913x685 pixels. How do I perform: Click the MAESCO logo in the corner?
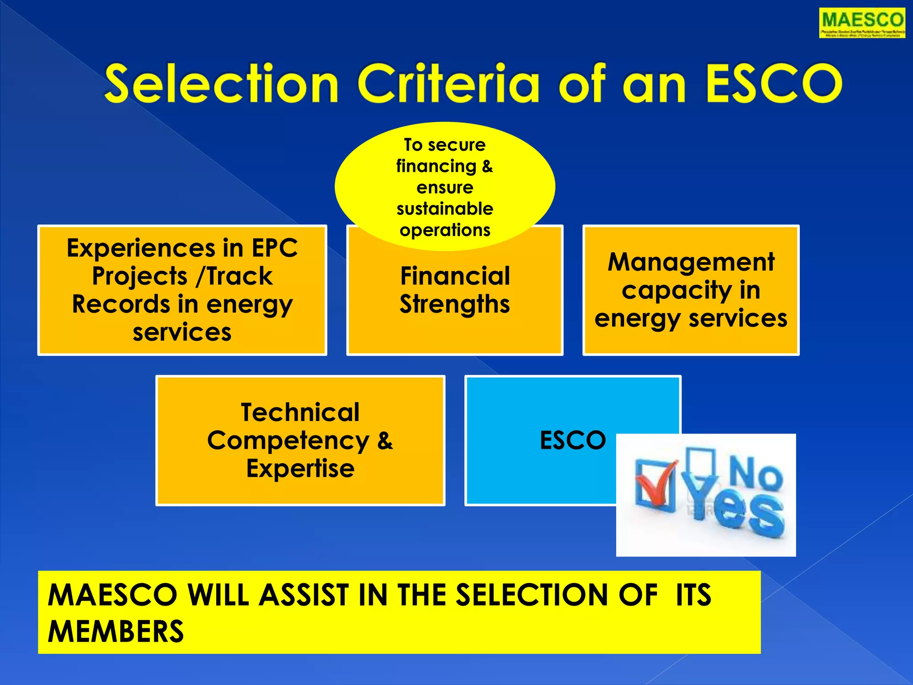(x=862, y=23)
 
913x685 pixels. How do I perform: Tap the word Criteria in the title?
(x=448, y=84)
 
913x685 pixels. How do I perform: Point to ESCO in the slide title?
(x=773, y=84)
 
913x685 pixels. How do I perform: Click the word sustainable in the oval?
(x=444, y=209)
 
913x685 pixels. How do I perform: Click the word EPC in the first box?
(x=275, y=248)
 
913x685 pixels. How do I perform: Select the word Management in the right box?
(x=691, y=262)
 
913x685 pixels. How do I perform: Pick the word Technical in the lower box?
(x=300, y=412)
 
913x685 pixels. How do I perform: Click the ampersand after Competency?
(x=385, y=441)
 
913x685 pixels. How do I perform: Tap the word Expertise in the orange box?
(x=300, y=469)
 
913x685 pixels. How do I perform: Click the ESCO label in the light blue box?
(x=572, y=440)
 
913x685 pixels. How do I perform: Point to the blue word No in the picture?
(x=755, y=474)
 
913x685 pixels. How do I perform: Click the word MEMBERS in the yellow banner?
(x=115, y=631)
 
